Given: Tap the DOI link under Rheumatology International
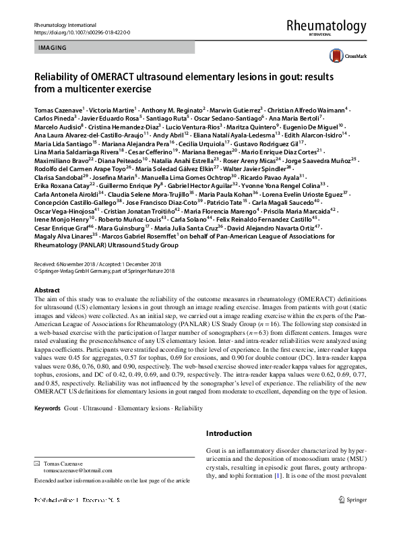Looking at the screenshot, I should tap(82, 32).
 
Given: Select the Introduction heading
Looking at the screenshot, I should tap(228, 433).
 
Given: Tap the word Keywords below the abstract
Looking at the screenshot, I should tap(48, 408).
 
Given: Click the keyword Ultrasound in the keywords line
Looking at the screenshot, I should tap(98, 408).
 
